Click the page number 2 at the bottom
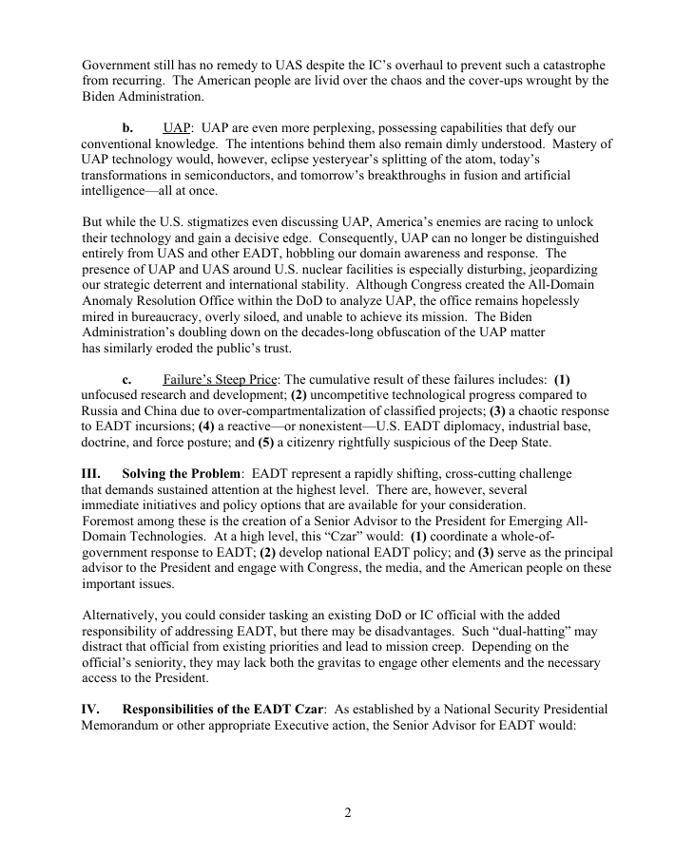(347, 813)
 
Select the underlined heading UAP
(177, 127)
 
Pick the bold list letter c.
(126, 379)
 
